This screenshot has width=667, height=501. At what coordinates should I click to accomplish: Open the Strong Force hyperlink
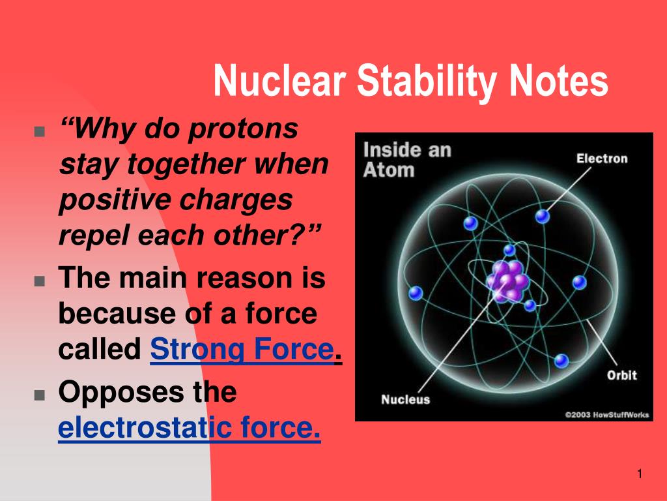[x=242, y=350]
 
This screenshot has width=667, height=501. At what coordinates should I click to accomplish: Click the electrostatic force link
[x=189, y=429]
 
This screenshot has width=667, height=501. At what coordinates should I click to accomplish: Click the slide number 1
[x=640, y=474]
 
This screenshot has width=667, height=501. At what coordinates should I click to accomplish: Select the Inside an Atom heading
[x=406, y=160]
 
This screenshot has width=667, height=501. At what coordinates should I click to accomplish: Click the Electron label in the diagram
[x=602, y=159]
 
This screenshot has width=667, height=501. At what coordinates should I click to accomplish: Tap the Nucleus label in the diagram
[x=405, y=399]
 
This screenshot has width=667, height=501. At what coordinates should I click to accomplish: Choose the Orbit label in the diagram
[x=621, y=375]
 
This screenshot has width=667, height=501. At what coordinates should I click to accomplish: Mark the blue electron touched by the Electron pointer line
[x=543, y=216]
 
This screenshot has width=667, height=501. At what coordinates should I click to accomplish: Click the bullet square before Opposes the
[x=40, y=395]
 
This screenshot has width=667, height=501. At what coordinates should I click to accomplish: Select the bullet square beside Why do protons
[x=40, y=131]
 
